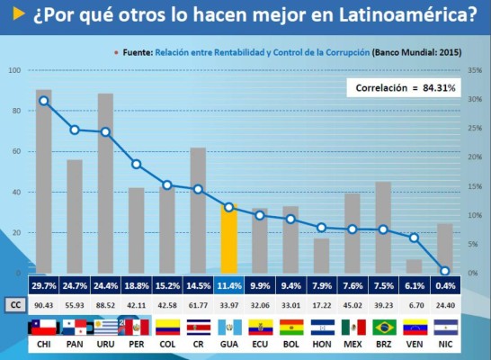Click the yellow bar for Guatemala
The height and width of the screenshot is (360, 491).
coord(229,239)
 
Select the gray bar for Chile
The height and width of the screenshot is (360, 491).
coord(43,181)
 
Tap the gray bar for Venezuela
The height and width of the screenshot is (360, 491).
coord(414,266)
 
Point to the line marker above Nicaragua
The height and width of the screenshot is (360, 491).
coord(445,270)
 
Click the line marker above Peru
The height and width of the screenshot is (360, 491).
coord(137,164)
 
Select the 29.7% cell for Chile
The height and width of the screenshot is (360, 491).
coord(43,286)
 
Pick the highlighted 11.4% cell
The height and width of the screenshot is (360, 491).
coord(229,286)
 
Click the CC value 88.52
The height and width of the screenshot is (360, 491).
coord(105,304)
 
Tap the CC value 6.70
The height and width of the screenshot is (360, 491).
coord(414,304)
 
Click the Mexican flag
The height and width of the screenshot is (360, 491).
coord(353,326)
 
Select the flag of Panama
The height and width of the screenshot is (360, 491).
coord(75,326)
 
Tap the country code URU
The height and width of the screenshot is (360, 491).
coord(105,345)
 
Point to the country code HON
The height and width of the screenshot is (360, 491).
coord(322,345)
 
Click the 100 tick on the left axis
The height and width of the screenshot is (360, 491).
coord(14,70)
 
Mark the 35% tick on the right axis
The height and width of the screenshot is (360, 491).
coord(475,70)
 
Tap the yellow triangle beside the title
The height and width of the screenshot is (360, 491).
coord(17,15)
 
